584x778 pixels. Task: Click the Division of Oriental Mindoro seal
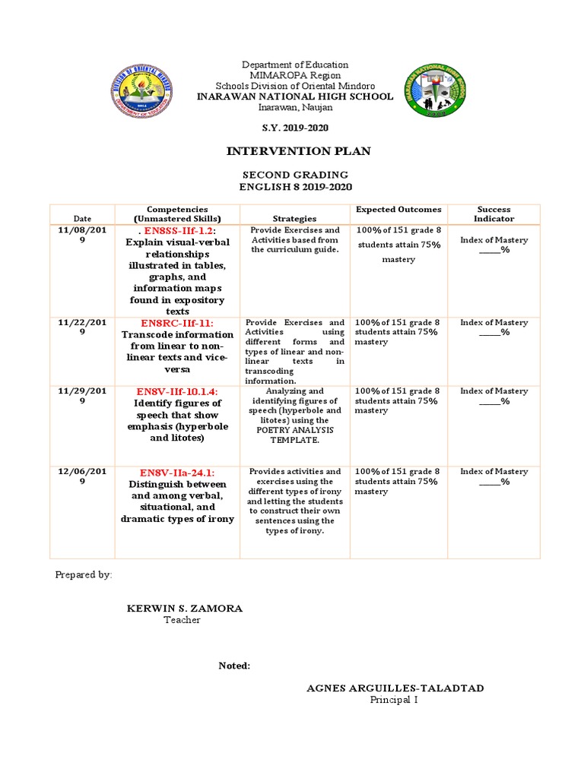142,89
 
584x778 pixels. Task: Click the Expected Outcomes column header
398,209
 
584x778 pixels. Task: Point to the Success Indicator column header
494,213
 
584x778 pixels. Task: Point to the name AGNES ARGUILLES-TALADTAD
395,688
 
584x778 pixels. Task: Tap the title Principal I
394,700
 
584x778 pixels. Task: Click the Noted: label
234,666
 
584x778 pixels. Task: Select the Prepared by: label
84,575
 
